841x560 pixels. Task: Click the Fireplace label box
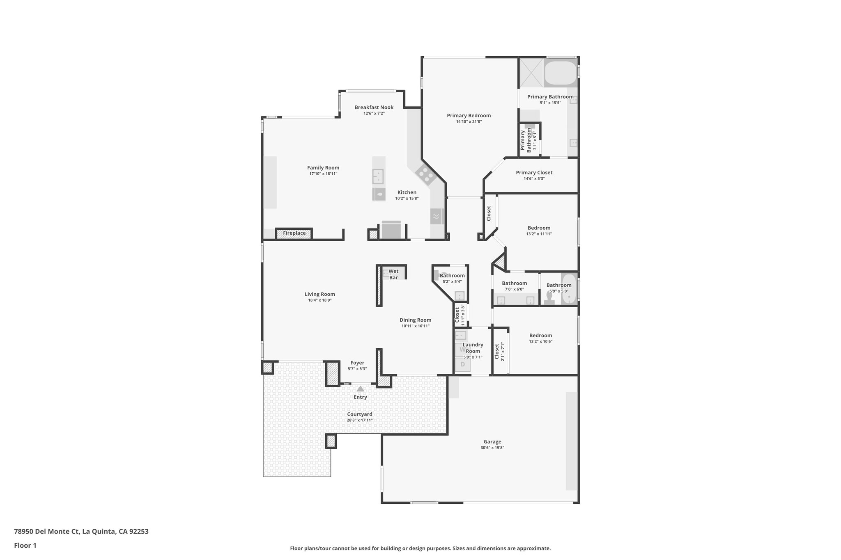tap(294, 233)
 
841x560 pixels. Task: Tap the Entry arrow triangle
tap(360, 389)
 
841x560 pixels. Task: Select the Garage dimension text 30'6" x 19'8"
tap(492, 448)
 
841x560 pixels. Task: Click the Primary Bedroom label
tap(469, 116)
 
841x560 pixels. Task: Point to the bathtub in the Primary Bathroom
tap(560, 73)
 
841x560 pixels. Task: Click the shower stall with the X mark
tap(531, 73)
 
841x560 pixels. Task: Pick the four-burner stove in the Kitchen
tap(425, 175)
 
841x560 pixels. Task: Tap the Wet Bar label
tap(393, 274)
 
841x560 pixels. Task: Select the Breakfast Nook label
tap(374, 107)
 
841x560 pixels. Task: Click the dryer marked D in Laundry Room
tap(463, 364)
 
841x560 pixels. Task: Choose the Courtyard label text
tap(359, 414)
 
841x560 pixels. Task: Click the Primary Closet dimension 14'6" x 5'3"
tap(534, 178)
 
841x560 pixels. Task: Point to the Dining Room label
tap(415, 320)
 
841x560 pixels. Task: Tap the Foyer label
tap(357, 363)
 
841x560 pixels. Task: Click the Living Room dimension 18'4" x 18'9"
tap(319, 300)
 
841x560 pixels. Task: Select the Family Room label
tap(323, 167)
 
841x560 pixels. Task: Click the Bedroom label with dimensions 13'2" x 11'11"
tap(539, 228)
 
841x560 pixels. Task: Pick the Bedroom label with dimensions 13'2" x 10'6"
tap(540, 336)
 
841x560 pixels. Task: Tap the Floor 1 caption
tap(25, 545)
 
